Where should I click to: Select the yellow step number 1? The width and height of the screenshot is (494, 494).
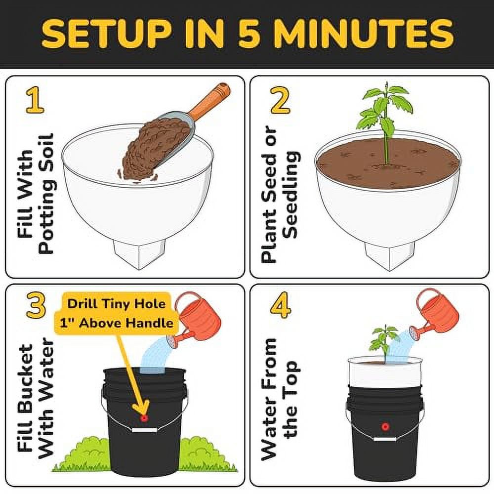(35, 101)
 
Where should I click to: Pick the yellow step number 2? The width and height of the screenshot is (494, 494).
(280, 101)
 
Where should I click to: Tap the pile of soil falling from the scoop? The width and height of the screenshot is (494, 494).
(151, 151)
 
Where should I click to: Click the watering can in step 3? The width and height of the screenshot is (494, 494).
(198, 319)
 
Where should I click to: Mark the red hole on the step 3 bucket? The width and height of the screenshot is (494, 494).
(144, 418)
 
